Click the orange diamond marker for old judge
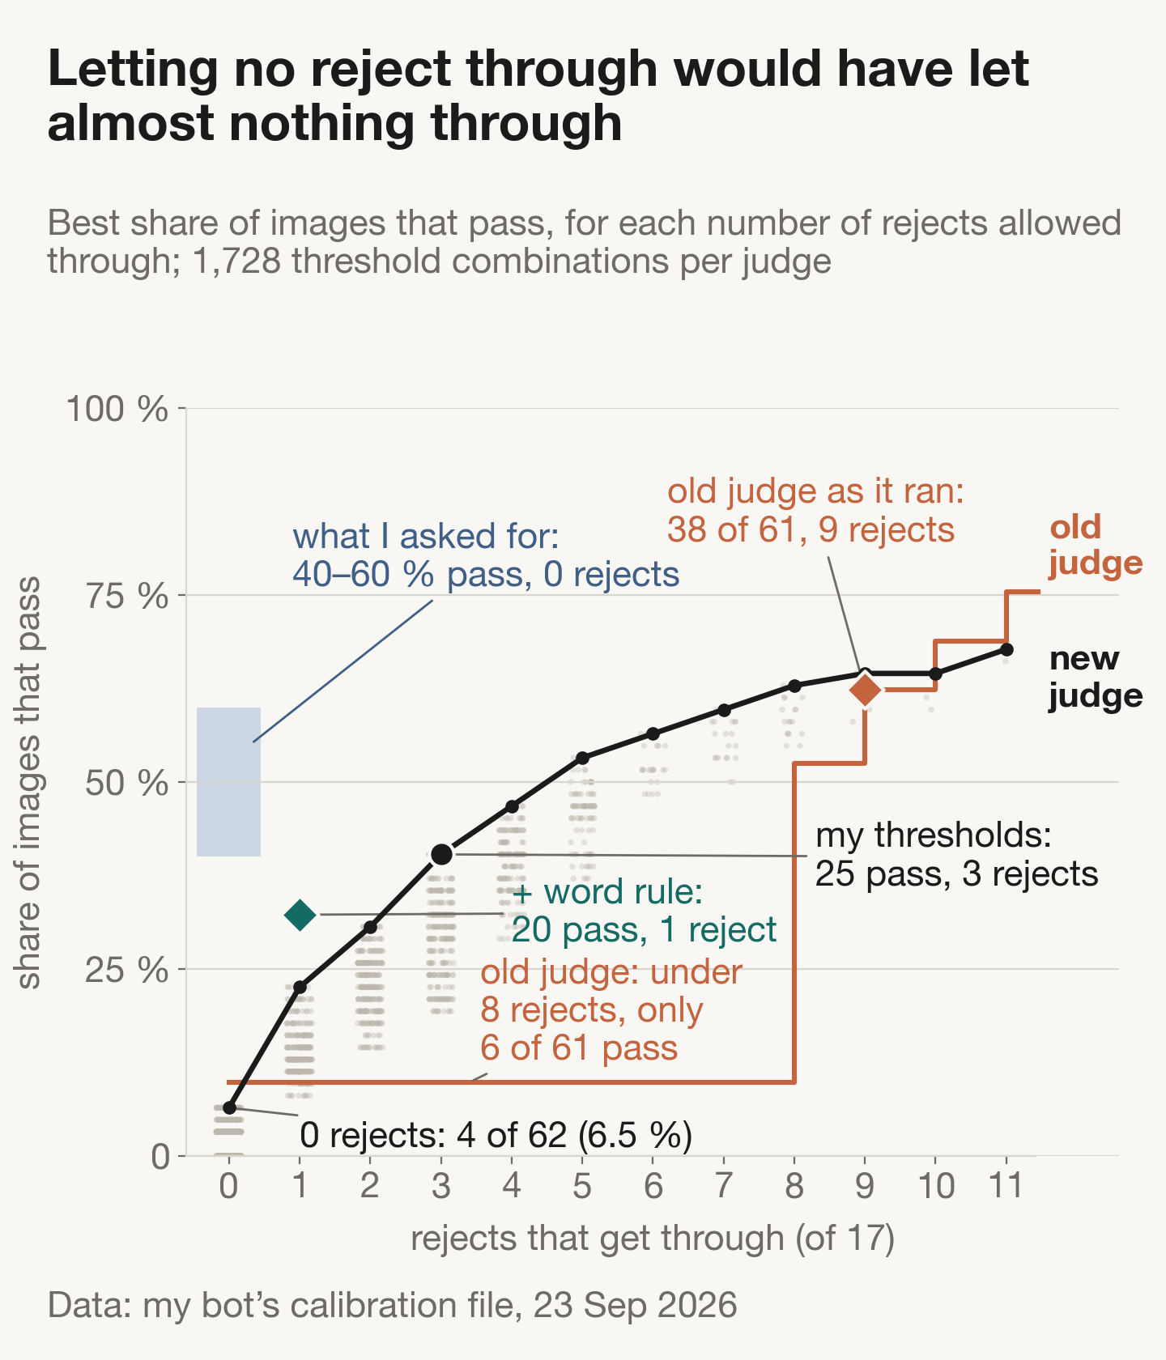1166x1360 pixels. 865,691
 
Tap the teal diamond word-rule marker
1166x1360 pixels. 300,915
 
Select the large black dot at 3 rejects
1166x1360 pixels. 441,854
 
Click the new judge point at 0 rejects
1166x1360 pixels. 229,1107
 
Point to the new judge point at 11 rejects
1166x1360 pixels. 1006,649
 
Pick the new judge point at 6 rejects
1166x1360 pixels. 653,733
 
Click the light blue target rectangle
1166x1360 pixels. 229,782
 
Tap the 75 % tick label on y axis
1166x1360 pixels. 127,597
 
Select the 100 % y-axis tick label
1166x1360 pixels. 117,409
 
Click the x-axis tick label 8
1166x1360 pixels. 794,1187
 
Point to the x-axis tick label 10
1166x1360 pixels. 936,1187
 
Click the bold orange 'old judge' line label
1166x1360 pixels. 1096,545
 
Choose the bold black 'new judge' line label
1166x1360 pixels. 1096,678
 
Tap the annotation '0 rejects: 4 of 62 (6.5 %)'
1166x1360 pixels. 496,1135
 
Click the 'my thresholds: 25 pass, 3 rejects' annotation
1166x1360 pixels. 956,854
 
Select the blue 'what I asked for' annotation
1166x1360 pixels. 486,555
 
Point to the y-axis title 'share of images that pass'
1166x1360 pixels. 29,782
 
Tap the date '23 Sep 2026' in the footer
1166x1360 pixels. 635,1306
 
